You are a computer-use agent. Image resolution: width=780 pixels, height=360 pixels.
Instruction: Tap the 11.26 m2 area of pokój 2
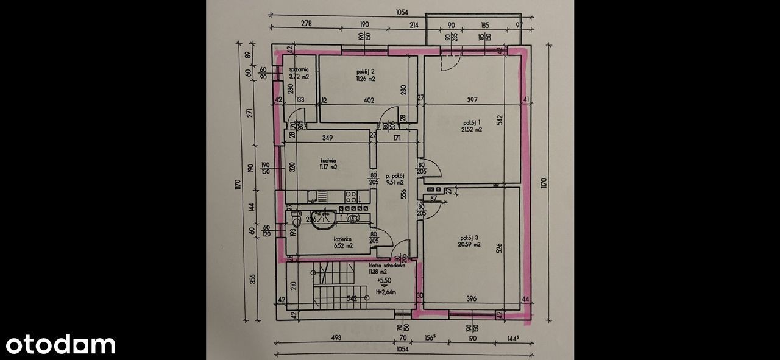[366, 79]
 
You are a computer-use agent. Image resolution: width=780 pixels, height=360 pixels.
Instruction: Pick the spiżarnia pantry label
[299, 69]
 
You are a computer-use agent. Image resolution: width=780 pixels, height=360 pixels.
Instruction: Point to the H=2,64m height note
[386, 292]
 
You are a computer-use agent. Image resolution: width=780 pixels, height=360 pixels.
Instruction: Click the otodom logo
[61, 344]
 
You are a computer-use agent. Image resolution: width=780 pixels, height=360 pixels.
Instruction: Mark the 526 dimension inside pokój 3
[499, 248]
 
